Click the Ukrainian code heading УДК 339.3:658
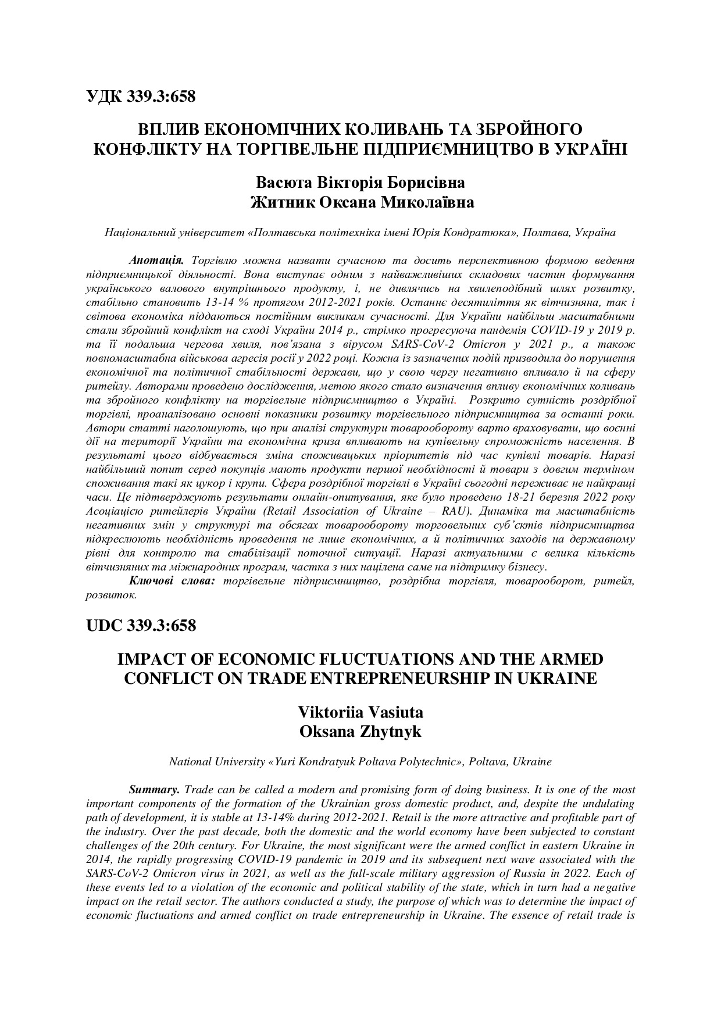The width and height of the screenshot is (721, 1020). tap(141, 97)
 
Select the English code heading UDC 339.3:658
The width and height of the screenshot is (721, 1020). tap(141, 626)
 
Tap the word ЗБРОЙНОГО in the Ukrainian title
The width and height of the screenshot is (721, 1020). tap(529, 129)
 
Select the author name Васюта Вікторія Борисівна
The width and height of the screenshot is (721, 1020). tap(360, 183)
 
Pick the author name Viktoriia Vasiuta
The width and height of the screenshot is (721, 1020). tap(360, 712)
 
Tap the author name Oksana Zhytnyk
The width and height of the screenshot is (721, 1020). tap(360, 731)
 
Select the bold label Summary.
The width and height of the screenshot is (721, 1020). tap(154, 790)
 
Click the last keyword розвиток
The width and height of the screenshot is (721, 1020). tap(110, 594)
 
